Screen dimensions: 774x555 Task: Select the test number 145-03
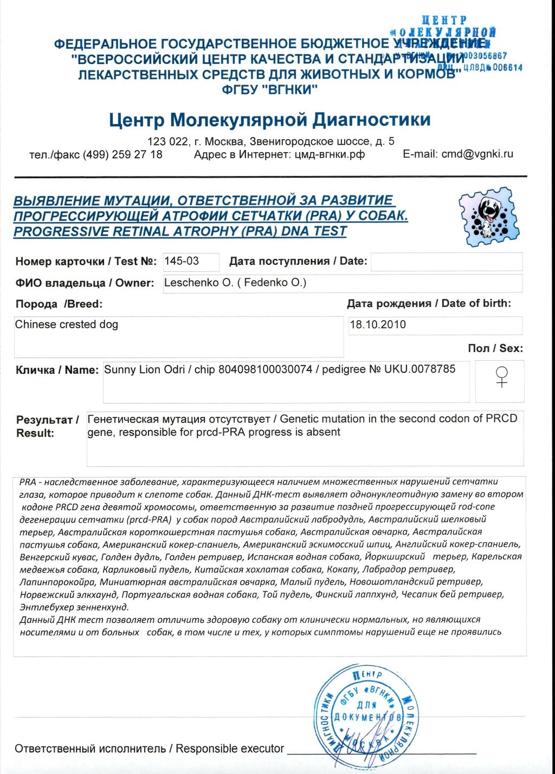point(182,261)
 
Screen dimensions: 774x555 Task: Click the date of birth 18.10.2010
point(378,325)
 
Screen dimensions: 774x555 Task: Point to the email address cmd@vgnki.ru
point(477,154)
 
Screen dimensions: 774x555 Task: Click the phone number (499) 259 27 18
point(122,154)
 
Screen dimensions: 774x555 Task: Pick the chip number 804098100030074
point(265,369)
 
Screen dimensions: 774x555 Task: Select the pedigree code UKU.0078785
point(420,369)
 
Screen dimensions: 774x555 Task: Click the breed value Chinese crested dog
point(67,324)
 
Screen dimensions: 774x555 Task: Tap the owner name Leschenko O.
point(197,283)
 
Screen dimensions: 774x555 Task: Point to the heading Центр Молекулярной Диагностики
point(269,119)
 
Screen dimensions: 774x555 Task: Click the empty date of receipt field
point(446,262)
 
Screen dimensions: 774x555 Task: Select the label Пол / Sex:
point(495,348)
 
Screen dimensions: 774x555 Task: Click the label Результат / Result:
point(47,426)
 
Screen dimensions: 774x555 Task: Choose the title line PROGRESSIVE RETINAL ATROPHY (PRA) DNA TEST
point(180,232)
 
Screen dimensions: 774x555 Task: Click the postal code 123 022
point(167,141)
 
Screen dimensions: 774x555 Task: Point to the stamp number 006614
point(507,68)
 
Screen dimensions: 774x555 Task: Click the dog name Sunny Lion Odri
point(139,369)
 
